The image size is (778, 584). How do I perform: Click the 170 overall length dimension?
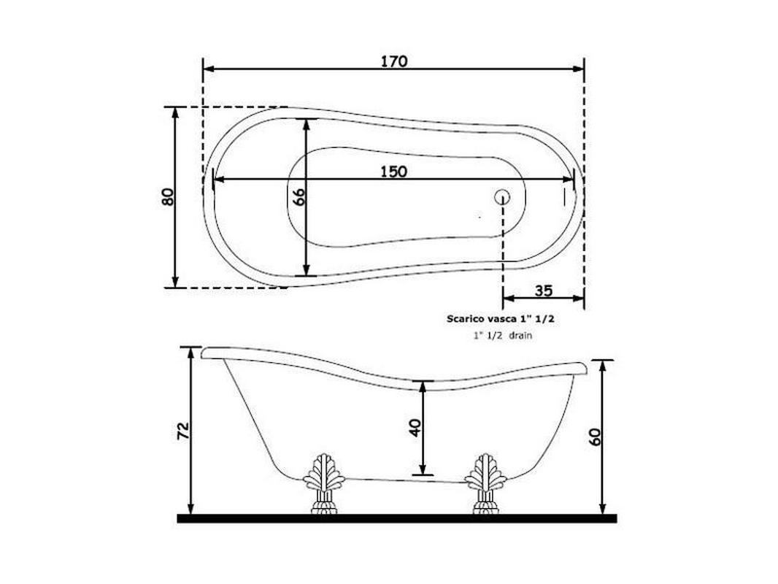(x=394, y=61)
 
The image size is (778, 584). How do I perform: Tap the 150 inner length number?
(x=394, y=171)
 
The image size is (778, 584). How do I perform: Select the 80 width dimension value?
(x=168, y=197)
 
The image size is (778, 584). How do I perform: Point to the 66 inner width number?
(x=299, y=197)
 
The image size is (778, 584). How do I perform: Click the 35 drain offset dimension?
(x=544, y=291)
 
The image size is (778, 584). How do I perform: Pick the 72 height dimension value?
(x=183, y=431)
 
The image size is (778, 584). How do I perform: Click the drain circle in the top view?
(x=502, y=197)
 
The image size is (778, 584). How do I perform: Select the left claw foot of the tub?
(x=324, y=484)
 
